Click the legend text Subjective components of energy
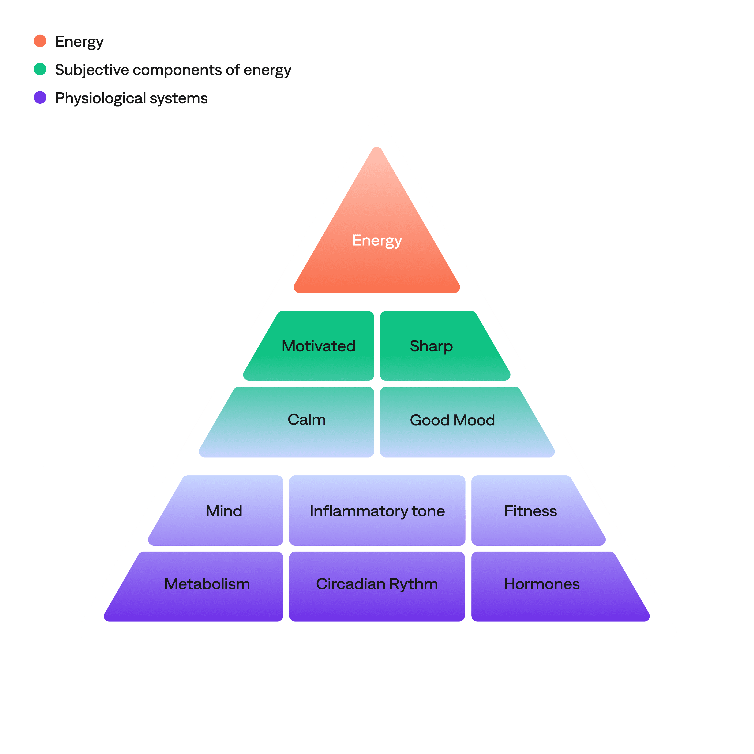(x=173, y=70)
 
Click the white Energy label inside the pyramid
(x=377, y=240)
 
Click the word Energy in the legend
(x=79, y=42)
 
